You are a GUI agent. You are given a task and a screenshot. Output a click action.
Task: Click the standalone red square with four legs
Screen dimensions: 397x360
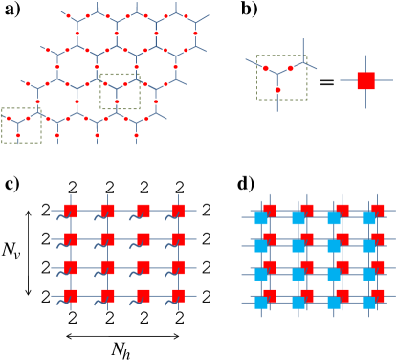point(365,80)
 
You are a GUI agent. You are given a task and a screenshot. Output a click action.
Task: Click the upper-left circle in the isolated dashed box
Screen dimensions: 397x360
point(266,68)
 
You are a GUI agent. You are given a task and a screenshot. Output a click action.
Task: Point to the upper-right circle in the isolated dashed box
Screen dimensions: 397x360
point(291,68)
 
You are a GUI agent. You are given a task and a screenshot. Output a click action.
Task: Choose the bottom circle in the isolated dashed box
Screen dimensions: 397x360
point(277,90)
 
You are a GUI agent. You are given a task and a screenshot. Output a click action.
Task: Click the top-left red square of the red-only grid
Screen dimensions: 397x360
point(70,211)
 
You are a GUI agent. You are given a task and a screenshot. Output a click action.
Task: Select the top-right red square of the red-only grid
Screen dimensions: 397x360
point(178,211)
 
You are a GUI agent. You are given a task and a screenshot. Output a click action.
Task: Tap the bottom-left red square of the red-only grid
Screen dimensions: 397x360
point(70,296)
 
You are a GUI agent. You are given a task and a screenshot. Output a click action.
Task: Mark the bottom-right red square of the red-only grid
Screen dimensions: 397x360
point(178,296)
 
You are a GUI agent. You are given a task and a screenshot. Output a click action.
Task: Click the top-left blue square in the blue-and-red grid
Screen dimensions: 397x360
point(261,218)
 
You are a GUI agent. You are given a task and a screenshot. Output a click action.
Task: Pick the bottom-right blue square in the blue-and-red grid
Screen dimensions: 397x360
point(369,303)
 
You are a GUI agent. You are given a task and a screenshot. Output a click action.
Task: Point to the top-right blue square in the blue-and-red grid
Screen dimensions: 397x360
point(369,218)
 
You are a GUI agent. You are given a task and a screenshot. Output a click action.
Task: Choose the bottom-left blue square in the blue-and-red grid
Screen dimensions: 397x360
point(261,303)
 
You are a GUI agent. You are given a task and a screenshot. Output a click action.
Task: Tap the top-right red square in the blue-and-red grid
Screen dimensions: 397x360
point(379,210)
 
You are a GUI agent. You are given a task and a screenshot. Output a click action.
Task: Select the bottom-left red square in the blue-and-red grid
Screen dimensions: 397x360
point(271,294)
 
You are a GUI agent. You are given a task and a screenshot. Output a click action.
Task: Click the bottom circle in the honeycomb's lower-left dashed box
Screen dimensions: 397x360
point(18,135)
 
